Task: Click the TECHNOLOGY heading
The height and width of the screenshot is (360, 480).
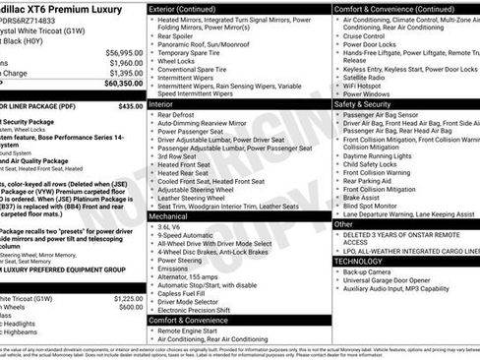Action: coord(359,261)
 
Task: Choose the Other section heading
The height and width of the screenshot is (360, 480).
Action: coord(343,224)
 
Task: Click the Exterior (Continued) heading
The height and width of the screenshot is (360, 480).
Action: coord(190,8)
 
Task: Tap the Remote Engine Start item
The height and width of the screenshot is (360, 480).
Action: coord(191,332)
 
